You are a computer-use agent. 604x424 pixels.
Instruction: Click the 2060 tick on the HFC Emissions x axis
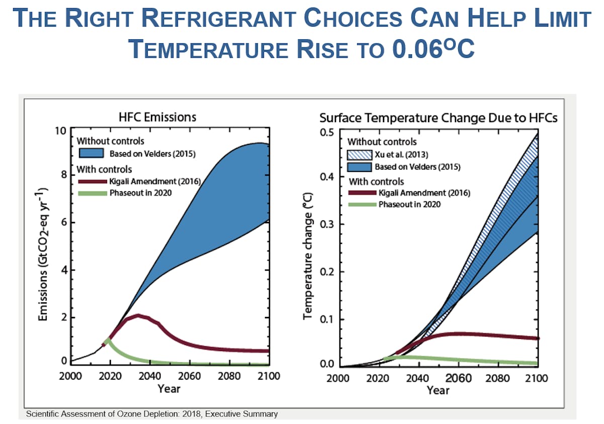192,376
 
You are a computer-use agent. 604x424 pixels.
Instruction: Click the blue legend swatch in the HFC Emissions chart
91,153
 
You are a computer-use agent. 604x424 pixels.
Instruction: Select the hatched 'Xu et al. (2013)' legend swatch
359,154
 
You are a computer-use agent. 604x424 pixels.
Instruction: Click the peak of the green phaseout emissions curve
107,341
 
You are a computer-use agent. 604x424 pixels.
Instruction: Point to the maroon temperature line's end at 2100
537,338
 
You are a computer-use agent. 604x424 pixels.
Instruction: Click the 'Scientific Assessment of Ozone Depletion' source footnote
151,414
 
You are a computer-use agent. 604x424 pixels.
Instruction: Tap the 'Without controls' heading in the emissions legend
111,141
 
